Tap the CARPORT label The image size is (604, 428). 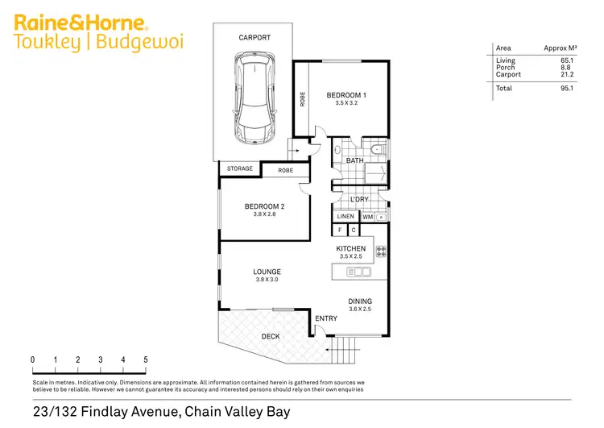[x=254, y=38]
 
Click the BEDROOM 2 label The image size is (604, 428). [x=265, y=206]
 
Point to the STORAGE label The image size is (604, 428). [x=239, y=169]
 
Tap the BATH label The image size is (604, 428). [x=354, y=161]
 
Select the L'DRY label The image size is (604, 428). [x=359, y=199]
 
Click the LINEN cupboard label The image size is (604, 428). [x=345, y=217]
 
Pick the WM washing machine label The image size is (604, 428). [x=366, y=217]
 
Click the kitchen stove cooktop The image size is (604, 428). [x=381, y=251]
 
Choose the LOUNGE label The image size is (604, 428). [x=267, y=272]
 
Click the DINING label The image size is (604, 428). [x=360, y=301]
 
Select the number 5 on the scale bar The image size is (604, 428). [x=146, y=359]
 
